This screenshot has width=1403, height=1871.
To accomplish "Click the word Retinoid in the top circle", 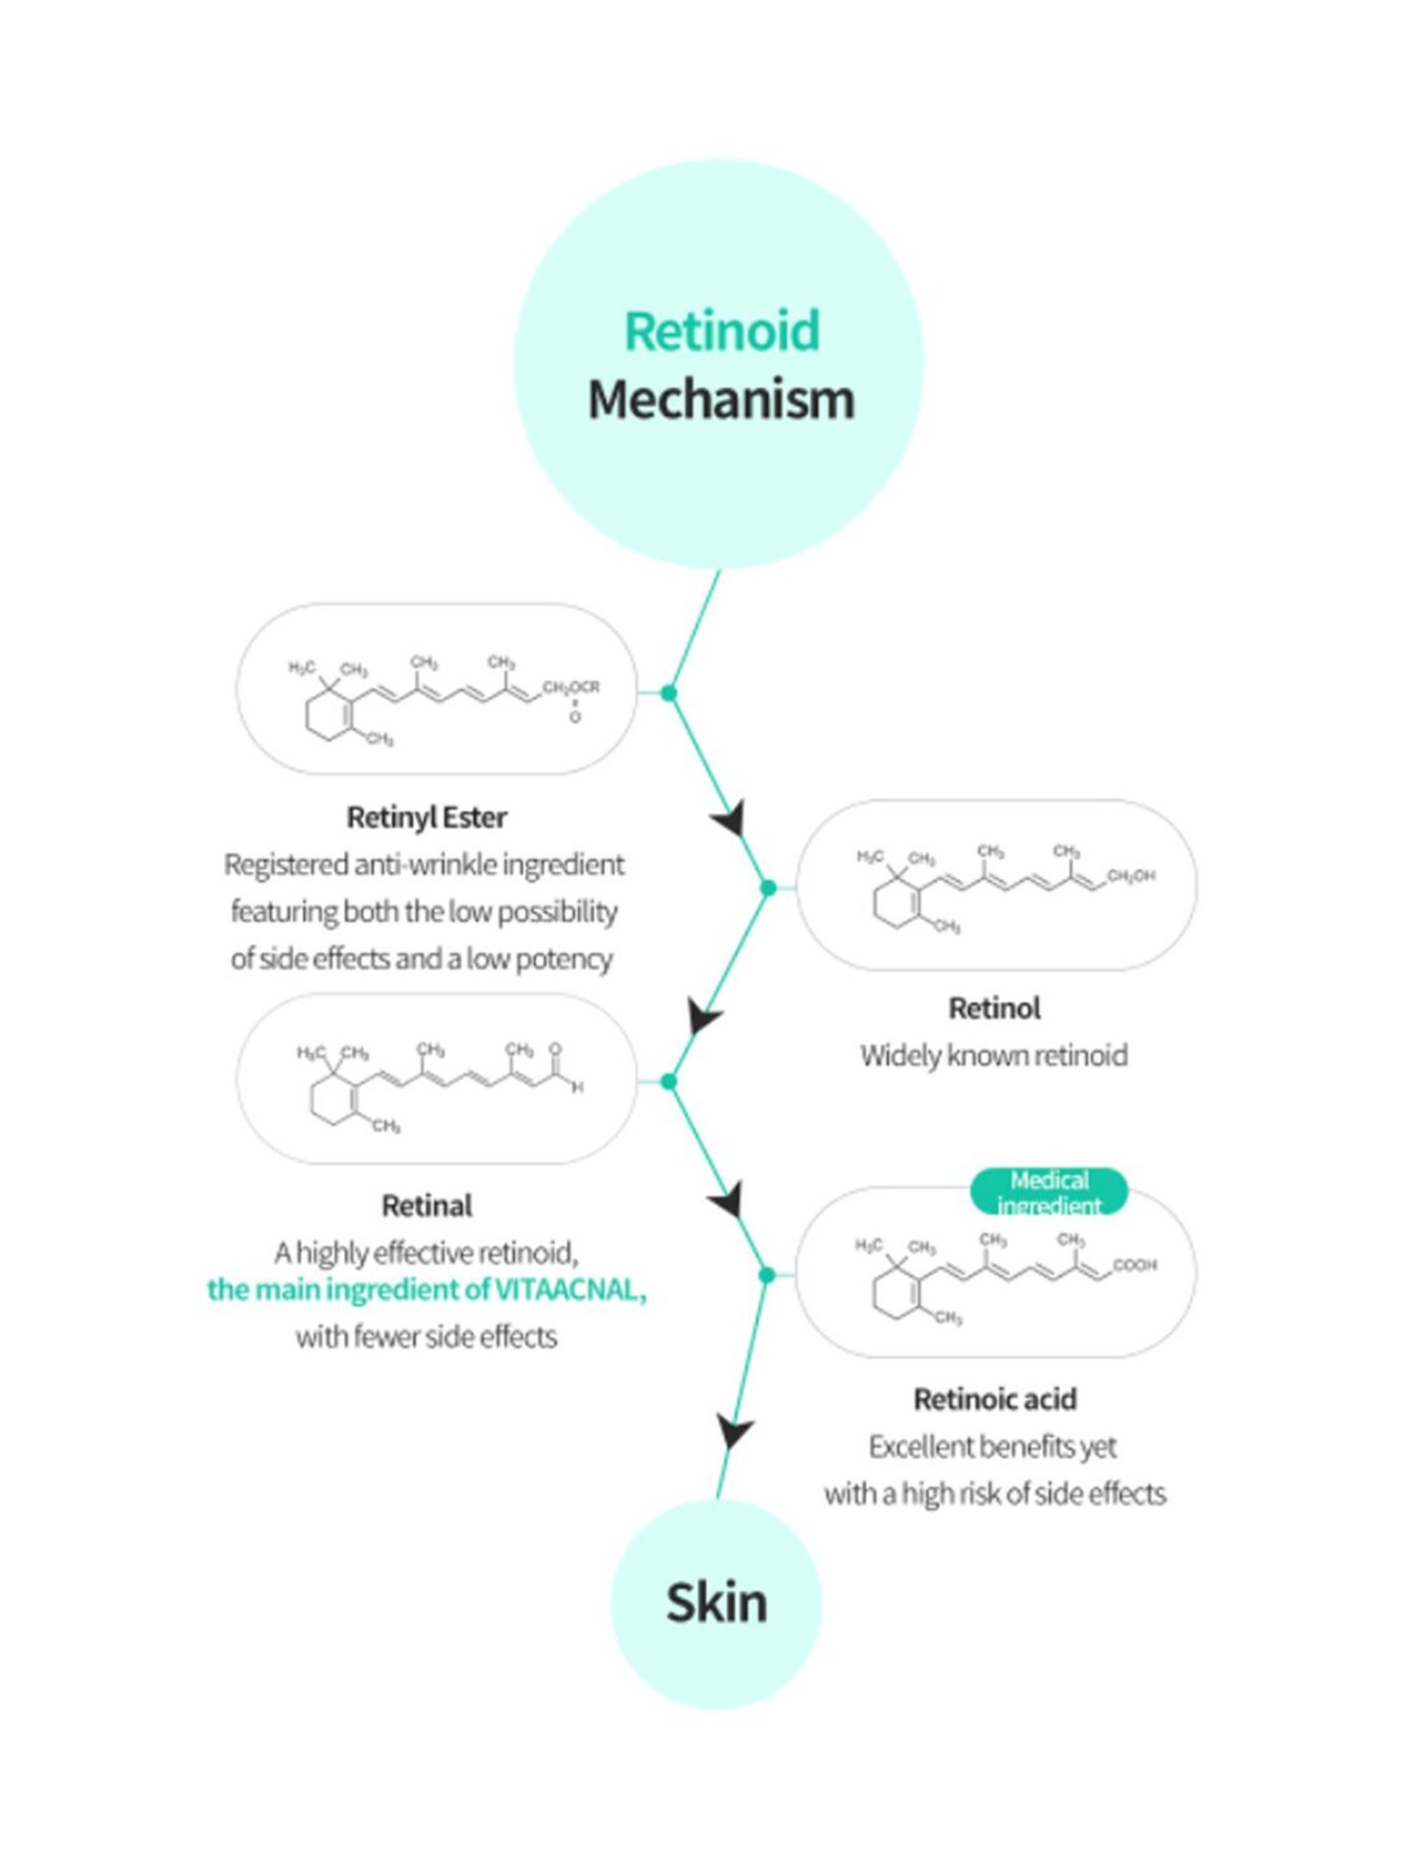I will (721, 331).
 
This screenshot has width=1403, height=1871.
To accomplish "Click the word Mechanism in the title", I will (721, 400).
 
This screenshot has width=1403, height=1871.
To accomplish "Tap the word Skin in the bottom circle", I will (716, 1603).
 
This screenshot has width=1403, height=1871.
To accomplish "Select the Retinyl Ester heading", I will (427, 818).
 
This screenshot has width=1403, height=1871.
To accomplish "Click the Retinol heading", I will (994, 1008).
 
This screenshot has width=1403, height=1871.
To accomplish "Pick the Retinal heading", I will (427, 1206).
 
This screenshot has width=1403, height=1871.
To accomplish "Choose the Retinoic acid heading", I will (995, 1400).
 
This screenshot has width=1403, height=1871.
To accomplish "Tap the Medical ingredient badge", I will (1049, 1192).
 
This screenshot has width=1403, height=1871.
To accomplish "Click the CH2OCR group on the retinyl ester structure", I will (571, 688).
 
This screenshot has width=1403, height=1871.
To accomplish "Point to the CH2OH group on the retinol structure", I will (1131, 877).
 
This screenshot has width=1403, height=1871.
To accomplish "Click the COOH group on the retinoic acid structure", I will (1135, 1266).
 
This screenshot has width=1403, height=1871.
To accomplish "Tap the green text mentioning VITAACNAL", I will (427, 1290).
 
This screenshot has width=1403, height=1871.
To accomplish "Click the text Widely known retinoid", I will (994, 1056).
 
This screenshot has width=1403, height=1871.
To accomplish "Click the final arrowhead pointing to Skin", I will (734, 1431).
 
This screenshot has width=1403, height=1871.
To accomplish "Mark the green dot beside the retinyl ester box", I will (669, 693).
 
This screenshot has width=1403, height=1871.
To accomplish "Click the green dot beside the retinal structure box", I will (669, 1082).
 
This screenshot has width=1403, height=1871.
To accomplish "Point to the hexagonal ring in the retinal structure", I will (333, 1104).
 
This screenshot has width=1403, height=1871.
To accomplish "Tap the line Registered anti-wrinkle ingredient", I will (425, 865).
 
